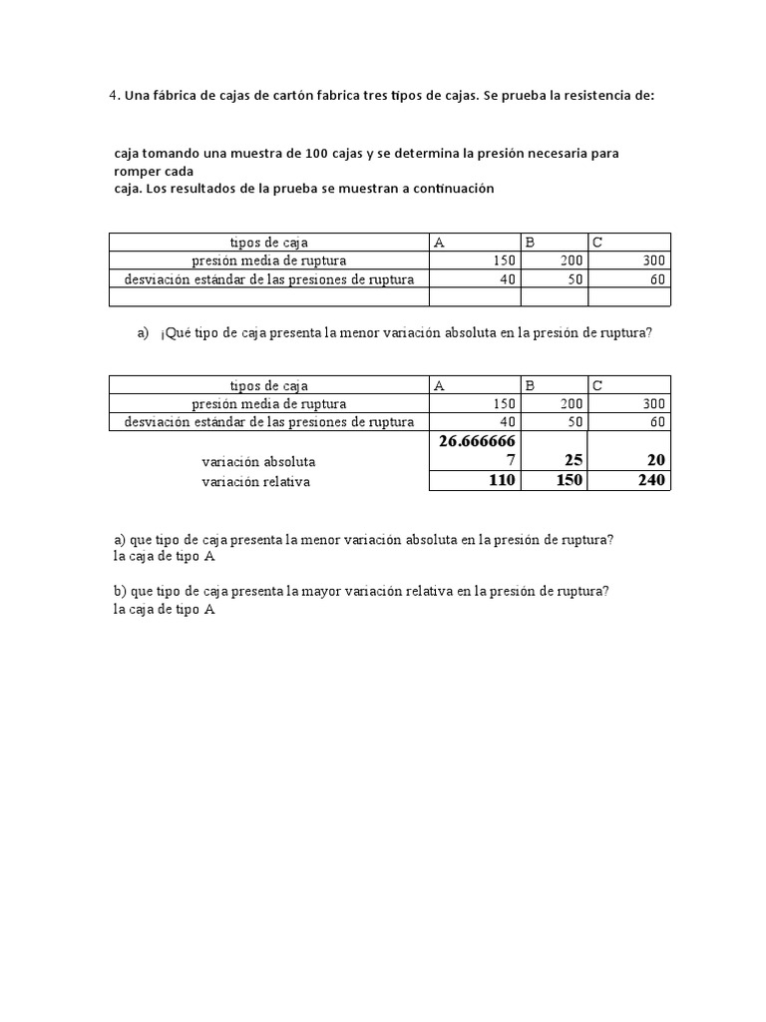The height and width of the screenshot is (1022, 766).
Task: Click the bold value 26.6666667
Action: pyautogui.click(x=475, y=450)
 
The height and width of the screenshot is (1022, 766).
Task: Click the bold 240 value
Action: pyautogui.click(x=650, y=481)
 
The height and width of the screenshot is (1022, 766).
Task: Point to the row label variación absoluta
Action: pyautogui.click(x=258, y=462)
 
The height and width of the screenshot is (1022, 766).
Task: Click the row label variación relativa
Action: pyautogui.click(x=255, y=481)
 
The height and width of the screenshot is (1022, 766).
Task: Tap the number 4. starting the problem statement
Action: pyautogui.click(x=115, y=96)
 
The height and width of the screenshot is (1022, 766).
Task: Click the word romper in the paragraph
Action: pyautogui.click(x=139, y=171)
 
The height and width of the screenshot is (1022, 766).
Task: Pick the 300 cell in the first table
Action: pyautogui.click(x=653, y=260)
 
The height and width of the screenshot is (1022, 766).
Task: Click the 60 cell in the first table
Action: pyautogui.click(x=656, y=279)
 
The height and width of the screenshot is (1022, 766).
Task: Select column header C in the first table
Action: pyautogui.click(x=597, y=243)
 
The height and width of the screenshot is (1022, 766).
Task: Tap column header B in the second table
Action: pyautogui.click(x=530, y=385)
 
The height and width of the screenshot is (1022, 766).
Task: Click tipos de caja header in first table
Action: pyautogui.click(x=268, y=243)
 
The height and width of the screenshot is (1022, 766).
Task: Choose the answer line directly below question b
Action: pyautogui.click(x=165, y=610)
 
